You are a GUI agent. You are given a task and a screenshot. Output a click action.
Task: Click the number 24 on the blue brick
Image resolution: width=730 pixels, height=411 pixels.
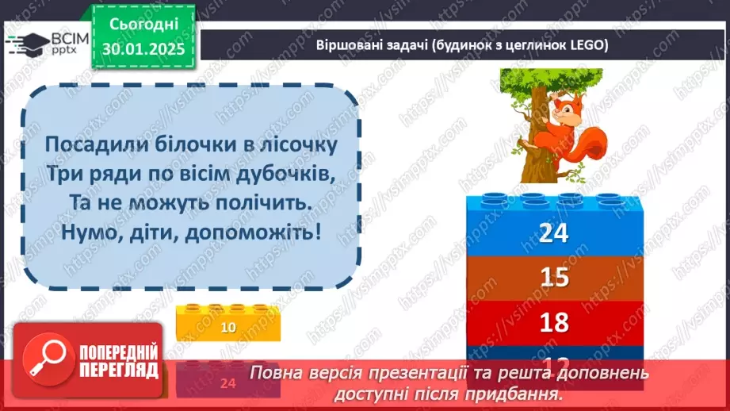click(x=555, y=233)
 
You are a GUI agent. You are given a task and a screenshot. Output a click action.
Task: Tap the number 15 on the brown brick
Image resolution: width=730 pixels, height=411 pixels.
click(x=555, y=277)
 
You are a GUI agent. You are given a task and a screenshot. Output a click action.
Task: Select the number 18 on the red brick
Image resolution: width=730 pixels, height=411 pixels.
click(x=555, y=321)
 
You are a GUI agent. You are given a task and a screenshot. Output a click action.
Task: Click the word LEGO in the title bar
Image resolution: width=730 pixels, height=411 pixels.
click(x=587, y=45)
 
